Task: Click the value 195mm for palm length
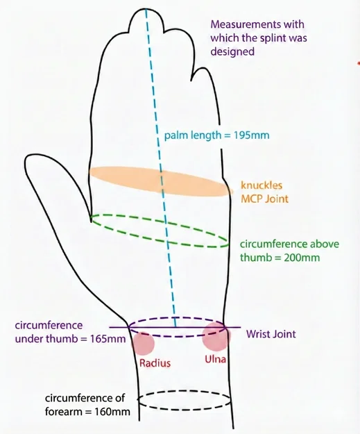(251, 135)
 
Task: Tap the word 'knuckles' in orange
(262, 185)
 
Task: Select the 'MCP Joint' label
(264, 199)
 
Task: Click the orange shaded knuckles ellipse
(161, 181)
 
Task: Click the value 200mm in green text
(302, 258)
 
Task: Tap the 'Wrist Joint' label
(271, 334)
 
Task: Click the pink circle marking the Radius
(143, 344)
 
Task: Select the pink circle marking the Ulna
(216, 337)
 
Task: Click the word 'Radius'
(155, 363)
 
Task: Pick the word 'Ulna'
(215, 359)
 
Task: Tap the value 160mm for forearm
(112, 412)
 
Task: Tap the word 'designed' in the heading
(232, 51)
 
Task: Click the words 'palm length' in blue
(193, 135)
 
